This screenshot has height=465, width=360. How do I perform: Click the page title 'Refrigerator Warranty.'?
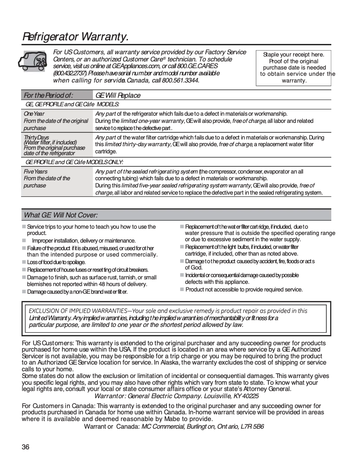[75, 36]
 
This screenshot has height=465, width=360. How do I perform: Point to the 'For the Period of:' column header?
[48, 96]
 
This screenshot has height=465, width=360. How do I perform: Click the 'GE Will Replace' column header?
[118, 96]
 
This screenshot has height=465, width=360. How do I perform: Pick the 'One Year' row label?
[34, 114]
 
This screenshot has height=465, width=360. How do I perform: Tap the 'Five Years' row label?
[35, 172]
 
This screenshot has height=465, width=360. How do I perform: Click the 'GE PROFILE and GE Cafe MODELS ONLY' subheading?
[75, 162]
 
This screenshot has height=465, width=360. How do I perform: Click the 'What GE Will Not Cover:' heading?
[61, 215]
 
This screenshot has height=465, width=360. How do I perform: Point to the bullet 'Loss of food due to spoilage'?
[56, 262]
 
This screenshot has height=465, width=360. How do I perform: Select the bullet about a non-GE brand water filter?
[77, 292]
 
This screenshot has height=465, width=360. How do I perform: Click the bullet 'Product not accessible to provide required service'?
[244, 290]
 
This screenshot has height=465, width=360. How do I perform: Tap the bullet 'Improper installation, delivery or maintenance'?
[83, 241]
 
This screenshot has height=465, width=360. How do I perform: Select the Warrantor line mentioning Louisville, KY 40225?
[176, 396]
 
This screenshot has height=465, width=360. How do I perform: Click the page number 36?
[26, 447]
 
